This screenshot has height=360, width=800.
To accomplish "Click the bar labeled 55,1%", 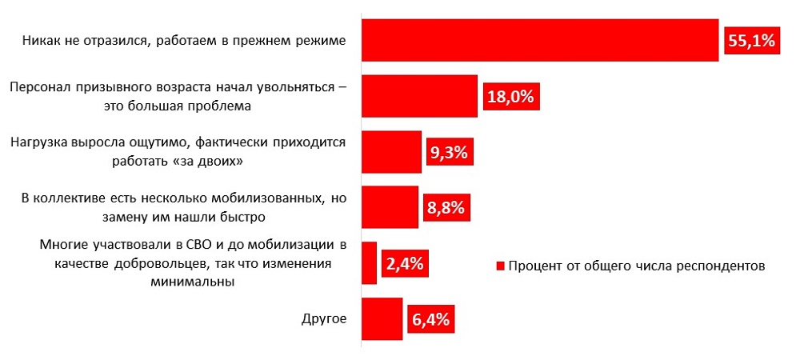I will pyautogui.click(x=540, y=40).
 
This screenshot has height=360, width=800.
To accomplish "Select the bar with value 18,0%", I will pyautogui.click(x=419, y=96).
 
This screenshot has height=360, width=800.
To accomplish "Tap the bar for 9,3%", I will pyautogui.click(x=391, y=152).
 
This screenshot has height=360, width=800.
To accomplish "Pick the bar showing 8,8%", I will pyautogui.click(x=390, y=208).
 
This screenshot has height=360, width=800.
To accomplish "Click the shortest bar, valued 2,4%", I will pyautogui.click(x=369, y=263).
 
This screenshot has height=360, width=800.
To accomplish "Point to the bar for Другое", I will pyautogui.click(x=382, y=319).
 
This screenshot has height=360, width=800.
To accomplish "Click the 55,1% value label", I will pyautogui.click(x=752, y=41).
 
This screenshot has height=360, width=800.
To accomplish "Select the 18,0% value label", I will pyautogui.click(x=510, y=97).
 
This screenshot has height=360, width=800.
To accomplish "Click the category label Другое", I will pyautogui.click(x=324, y=320).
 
